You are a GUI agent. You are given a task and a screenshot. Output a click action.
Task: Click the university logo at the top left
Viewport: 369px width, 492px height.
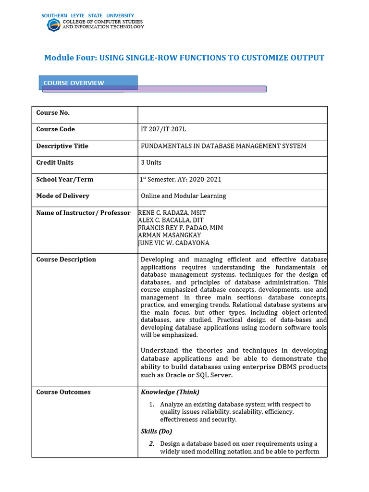click(x=53, y=25)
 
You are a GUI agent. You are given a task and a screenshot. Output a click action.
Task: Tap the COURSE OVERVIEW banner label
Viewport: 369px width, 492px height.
click(x=74, y=83)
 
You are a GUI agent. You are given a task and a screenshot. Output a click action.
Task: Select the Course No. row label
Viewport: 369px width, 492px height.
click(x=53, y=112)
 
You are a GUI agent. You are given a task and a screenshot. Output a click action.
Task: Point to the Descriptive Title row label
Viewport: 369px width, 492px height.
click(x=62, y=146)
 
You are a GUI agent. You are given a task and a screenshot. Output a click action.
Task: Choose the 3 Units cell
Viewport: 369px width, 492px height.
click(x=151, y=162)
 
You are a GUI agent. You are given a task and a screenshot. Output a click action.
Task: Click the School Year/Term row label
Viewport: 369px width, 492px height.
click(x=65, y=179)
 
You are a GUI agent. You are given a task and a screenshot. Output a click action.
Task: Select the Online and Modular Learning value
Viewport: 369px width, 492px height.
click(x=183, y=196)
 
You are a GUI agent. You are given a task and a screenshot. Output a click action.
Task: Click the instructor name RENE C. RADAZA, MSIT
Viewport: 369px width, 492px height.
click(x=172, y=213)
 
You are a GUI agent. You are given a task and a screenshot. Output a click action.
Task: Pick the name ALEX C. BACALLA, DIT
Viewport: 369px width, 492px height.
click(x=171, y=220)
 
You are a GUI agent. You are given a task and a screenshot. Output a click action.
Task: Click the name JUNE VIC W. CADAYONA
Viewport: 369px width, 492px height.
click(x=173, y=243)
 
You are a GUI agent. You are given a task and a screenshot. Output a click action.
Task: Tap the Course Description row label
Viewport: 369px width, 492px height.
click(x=66, y=259)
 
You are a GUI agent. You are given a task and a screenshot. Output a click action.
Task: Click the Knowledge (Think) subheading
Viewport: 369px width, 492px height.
click(x=170, y=392)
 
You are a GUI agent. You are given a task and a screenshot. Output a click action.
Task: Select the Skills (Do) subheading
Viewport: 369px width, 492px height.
click(x=156, y=431)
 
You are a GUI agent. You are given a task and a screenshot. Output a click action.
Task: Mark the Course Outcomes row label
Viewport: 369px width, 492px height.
click(x=63, y=392)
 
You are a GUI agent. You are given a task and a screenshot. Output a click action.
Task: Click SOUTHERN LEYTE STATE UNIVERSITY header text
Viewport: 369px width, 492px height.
click(x=87, y=16)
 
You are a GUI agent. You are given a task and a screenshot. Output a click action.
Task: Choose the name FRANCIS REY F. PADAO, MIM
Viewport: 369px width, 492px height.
click(x=180, y=228)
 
